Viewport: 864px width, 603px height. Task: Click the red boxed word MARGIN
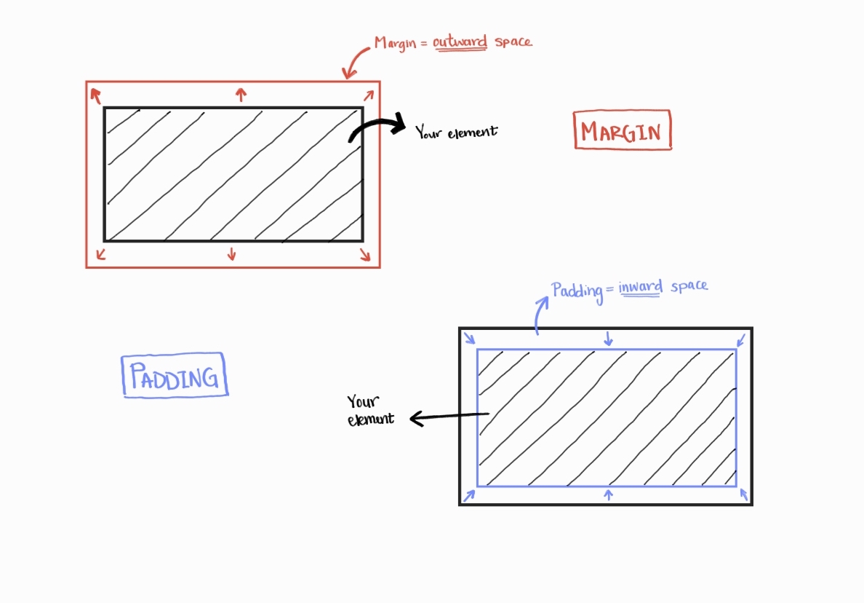tap(622, 132)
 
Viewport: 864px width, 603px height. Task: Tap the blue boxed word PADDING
tap(175, 377)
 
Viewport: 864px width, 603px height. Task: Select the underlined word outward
tap(460, 42)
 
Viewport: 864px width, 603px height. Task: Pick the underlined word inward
tap(641, 287)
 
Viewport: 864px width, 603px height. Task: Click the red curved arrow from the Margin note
tap(356, 62)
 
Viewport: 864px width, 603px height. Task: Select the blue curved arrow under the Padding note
tap(540, 312)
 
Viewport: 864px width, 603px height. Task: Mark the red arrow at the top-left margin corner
tap(95, 95)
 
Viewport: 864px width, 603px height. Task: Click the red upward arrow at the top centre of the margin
tap(241, 93)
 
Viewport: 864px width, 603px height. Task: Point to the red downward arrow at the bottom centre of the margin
tap(232, 253)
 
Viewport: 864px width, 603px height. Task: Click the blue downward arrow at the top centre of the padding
tap(609, 337)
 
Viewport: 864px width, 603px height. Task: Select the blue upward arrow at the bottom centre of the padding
tap(609, 494)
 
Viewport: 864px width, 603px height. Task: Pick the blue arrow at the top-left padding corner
tap(469, 338)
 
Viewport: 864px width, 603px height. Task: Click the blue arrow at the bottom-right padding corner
tap(743, 494)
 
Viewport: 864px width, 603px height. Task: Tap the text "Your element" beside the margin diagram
tap(456, 132)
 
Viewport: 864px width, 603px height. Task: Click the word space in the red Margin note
tap(513, 41)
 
